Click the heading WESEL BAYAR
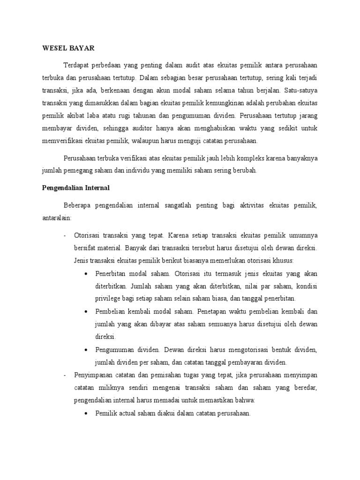coord(68,47)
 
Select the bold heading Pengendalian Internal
coord(73,187)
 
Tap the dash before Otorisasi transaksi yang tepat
coord(65,234)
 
